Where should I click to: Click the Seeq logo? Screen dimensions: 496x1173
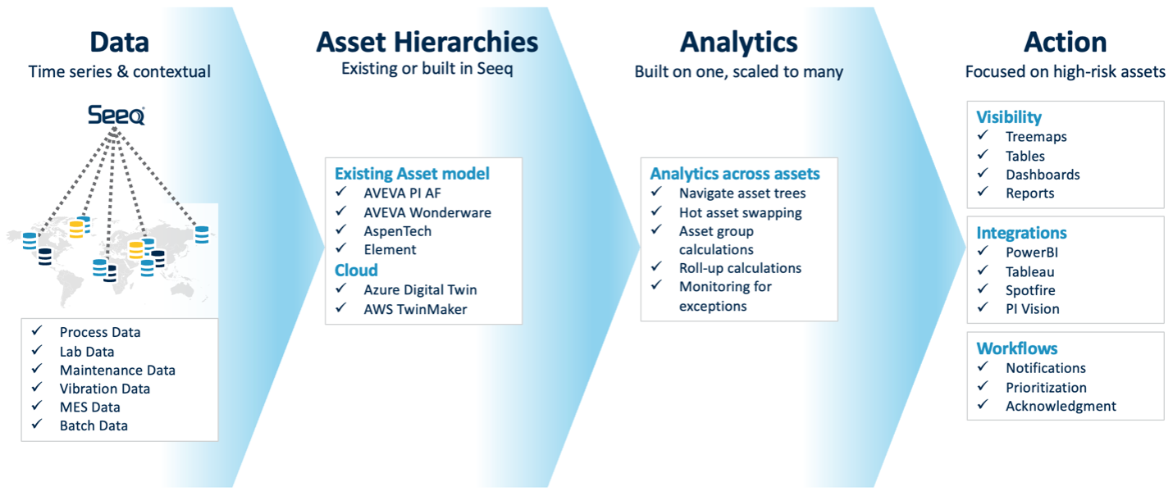(116, 116)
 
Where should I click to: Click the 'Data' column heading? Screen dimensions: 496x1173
(119, 41)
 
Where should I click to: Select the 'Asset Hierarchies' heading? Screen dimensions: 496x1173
(427, 41)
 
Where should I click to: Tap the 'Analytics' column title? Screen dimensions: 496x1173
(738, 41)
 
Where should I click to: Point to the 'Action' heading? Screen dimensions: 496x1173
(1065, 41)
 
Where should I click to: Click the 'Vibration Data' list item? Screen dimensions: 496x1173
(104, 389)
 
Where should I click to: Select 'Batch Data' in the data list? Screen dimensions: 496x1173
(94, 425)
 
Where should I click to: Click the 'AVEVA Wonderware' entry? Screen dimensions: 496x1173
(427, 212)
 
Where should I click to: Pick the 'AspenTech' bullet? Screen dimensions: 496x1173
(397, 231)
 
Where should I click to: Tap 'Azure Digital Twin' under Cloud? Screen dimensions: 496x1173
(420, 289)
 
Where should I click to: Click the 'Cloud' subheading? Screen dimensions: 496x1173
(356, 270)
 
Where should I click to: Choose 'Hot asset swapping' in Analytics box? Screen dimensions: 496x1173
(740, 212)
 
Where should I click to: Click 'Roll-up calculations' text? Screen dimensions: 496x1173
(740, 268)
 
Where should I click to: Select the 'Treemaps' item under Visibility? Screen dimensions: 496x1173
(1036, 137)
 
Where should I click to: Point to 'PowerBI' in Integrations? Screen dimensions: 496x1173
(1032, 253)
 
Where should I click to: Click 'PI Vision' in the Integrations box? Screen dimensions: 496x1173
(1032, 309)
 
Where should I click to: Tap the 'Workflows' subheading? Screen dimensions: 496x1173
(1016, 348)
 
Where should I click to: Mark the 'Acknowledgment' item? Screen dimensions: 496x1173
(1061, 406)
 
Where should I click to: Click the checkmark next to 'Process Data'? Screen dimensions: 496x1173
(36, 331)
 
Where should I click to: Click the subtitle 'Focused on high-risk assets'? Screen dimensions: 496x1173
(1065, 72)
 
